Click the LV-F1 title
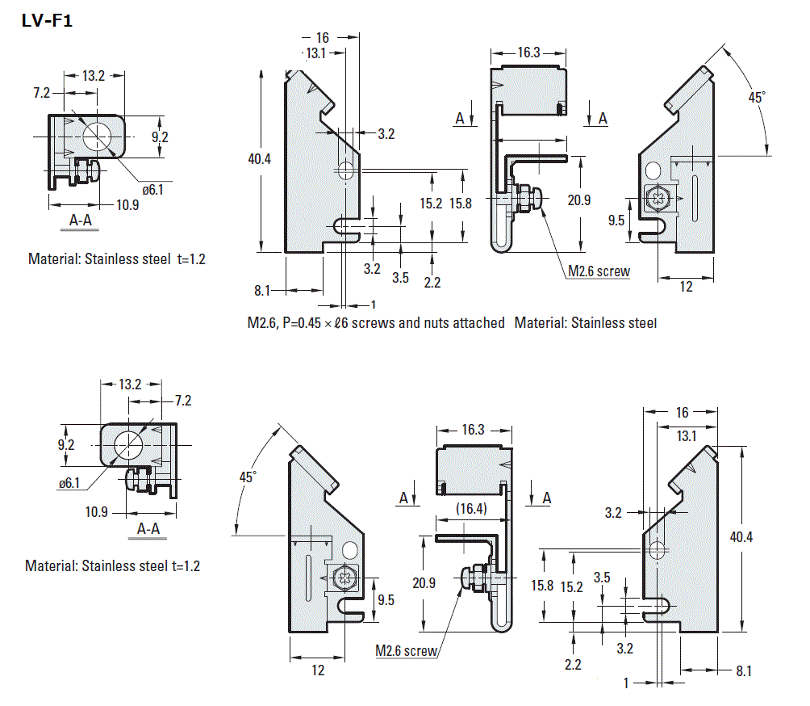click(48, 22)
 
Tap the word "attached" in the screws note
click(474, 323)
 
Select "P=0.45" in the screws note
click(309, 323)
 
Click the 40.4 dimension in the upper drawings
click(259, 159)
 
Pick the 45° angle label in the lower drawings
click(247, 477)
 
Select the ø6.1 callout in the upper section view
click(152, 190)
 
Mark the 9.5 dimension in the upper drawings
click(616, 219)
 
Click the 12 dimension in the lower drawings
click(318, 670)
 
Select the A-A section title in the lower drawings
click(148, 529)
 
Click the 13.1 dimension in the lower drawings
click(687, 436)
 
